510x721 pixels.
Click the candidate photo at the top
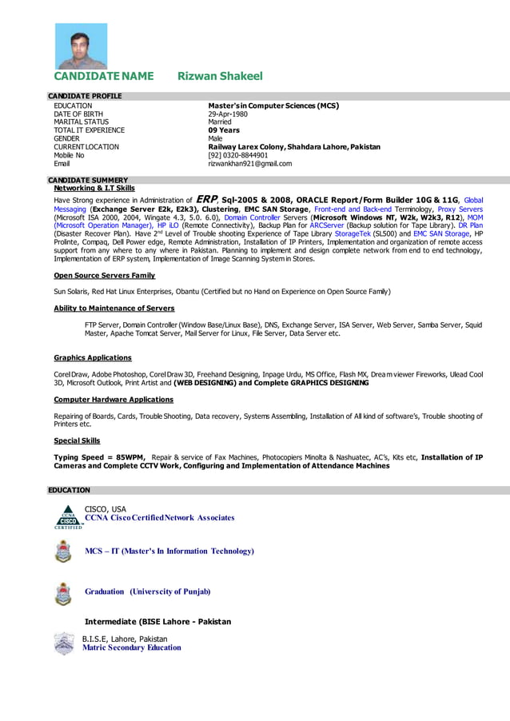[80, 46]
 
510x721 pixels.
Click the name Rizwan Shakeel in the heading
[220, 77]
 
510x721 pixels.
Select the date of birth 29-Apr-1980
[228, 114]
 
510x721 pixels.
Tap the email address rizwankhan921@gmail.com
[250, 164]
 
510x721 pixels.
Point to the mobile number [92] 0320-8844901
[238, 155]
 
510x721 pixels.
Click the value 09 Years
[224, 130]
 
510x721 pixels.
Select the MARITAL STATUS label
[81, 122]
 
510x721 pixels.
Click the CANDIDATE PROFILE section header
[85, 96]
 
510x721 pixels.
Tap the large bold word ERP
[206, 199]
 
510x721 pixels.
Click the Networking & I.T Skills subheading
[94, 188]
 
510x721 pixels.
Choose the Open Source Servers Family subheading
[104, 275]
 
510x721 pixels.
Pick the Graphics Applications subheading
[93, 357]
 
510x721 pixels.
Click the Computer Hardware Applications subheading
[114, 399]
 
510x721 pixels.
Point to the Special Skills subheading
[77, 440]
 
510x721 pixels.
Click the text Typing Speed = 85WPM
[99, 457]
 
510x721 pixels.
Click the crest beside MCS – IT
[63, 552]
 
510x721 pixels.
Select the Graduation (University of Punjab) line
[147, 592]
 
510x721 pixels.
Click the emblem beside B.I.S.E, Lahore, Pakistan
[64, 643]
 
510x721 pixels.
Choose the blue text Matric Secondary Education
[132, 647]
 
